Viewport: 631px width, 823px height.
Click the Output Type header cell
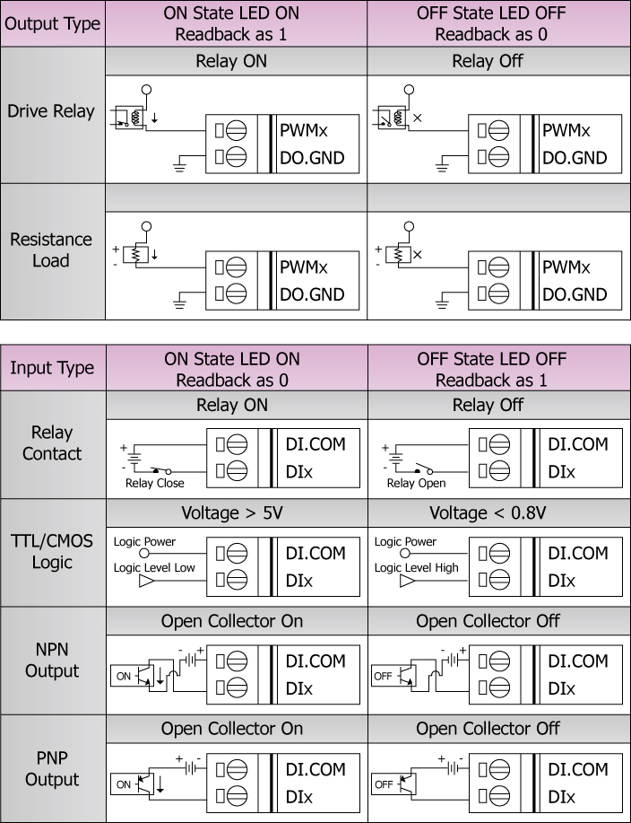(52, 24)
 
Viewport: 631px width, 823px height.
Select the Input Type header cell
(52, 369)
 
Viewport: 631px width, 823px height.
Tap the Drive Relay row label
(51, 112)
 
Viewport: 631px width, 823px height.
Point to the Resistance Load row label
(51, 250)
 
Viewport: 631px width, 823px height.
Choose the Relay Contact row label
(52, 443)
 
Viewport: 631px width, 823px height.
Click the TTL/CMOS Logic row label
(52, 553)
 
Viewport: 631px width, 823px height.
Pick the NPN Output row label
(52, 661)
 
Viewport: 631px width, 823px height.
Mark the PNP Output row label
(52, 769)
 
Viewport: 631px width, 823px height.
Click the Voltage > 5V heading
(231, 513)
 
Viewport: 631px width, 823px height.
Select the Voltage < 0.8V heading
(488, 513)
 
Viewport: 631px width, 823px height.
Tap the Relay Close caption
(154, 483)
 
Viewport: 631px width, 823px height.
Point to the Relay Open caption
(416, 483)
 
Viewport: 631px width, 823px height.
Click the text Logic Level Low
(154, 567)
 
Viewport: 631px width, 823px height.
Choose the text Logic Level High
(416, 567)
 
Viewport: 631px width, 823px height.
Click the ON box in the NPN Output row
(123, 678)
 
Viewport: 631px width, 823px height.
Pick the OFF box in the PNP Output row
(383, 784)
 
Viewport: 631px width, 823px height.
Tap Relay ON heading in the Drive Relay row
(231, 62)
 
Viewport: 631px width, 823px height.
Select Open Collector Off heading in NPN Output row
(488, 621)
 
